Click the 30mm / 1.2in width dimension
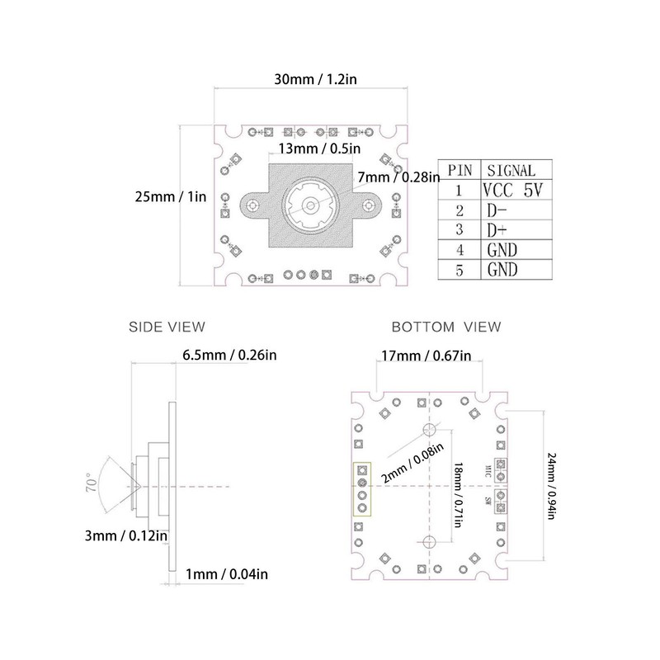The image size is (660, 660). point(321,80)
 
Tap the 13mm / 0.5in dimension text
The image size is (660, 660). point(318,148)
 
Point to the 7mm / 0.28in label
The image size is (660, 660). point(392,177)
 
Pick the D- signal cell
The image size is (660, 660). point(497,210)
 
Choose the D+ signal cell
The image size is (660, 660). point(497,229)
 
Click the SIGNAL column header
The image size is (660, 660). point(511,170)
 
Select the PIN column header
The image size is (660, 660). point(460,170)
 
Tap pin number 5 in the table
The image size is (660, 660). point(460,269)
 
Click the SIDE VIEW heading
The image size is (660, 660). point(166,327)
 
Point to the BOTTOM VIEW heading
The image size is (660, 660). point(446,327)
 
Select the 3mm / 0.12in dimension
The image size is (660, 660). point(129,535)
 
